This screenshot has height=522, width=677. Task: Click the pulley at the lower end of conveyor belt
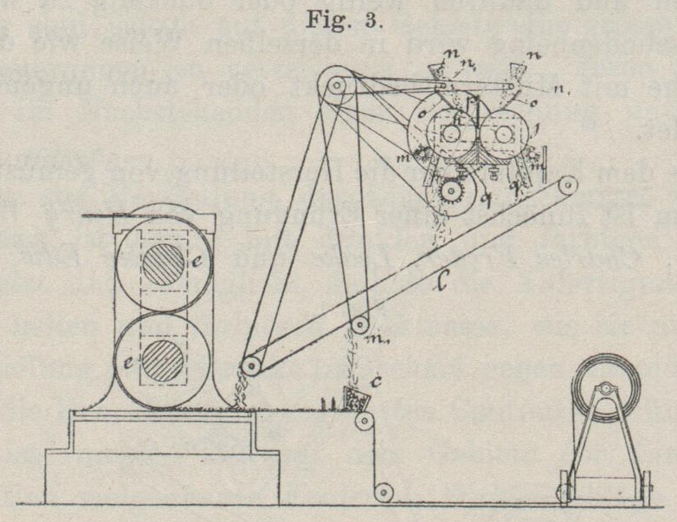coord(252,366)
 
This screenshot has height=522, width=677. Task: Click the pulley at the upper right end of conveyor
coord(568,185)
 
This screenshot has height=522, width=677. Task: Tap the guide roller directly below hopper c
coord(366,422)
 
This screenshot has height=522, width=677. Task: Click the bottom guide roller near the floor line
coord(382,492)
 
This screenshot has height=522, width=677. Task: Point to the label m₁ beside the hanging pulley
coord(371,336)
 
